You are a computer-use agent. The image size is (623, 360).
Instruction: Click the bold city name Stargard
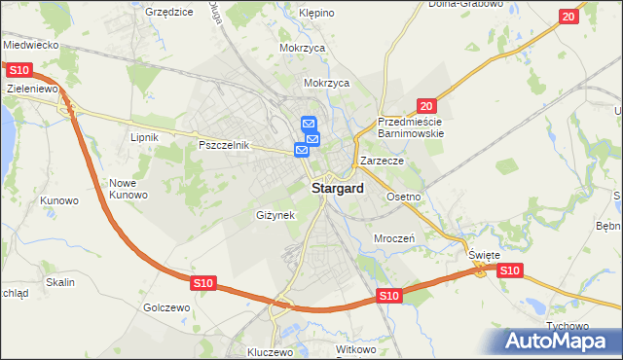point(338,189)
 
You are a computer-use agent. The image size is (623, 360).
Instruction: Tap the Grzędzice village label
point(168,12)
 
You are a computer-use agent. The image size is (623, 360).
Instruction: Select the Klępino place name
point(316,14)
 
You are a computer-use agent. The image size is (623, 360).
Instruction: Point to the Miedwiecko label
point(32,45)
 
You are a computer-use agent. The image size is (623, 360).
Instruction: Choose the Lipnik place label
point(144,138)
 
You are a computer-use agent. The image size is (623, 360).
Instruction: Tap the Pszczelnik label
point(225,145)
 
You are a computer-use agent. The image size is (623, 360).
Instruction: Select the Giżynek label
point(275,214)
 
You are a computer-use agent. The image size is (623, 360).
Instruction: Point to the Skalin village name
point(59,282)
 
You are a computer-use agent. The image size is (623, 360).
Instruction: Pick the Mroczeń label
point(395,238)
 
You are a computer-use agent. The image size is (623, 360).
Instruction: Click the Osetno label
point(403,197)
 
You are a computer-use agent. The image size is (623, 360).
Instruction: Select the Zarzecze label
point(381,161)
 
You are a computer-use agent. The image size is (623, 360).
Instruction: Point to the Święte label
point(484,255)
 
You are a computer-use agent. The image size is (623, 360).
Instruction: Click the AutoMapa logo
point(561,341)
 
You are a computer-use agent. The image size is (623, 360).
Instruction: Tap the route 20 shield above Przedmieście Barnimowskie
point(425,105)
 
